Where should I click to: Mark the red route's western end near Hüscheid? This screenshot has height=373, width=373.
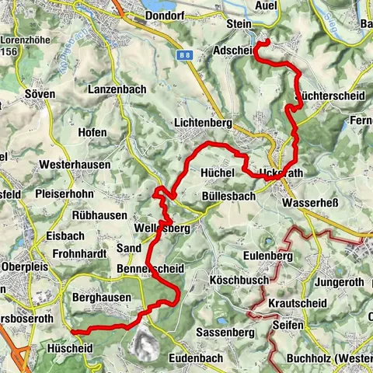pos(71,332)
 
